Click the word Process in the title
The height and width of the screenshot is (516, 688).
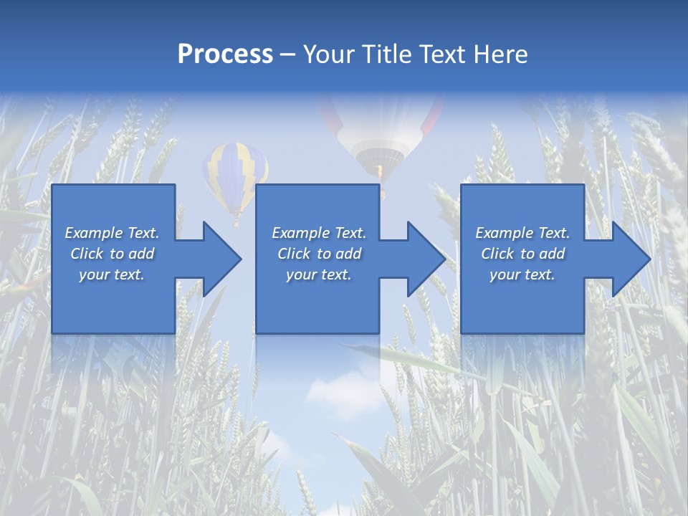pos(225,54)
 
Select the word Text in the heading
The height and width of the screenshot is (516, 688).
pos(440,54)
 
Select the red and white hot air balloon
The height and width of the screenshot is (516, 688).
pos(381,129)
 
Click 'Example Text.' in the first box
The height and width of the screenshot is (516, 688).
pos(112,233)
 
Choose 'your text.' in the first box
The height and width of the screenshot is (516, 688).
pos(112,274)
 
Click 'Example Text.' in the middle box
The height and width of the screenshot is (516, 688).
pos(319,233)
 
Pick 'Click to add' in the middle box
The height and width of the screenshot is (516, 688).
pos(319,254)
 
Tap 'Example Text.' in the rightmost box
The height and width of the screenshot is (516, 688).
pos(522,233)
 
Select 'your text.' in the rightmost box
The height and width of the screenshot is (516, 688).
pos(522,274)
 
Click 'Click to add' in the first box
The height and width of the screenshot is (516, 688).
pos(112,254)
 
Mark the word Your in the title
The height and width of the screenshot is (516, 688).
pos(328,54)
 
